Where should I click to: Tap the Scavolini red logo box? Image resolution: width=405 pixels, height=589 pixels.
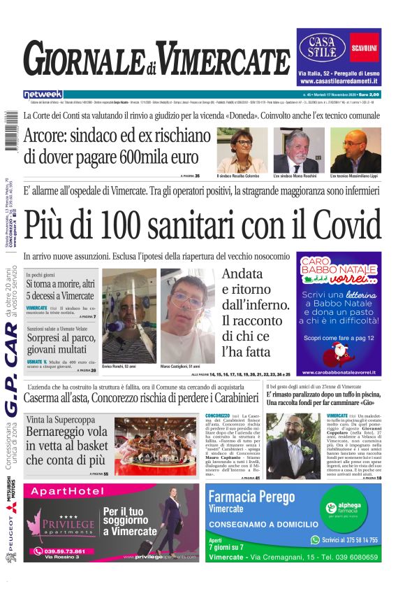tap(364, 47)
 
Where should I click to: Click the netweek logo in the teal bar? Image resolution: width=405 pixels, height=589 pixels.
tap(43, 94)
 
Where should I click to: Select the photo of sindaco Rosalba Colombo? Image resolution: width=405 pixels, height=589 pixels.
tap(242, 150)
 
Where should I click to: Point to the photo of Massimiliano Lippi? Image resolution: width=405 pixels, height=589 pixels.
tap(355, 150)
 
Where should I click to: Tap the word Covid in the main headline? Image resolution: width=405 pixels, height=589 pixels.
tap(336, 224)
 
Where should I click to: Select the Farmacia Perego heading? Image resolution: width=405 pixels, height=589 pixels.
tap(256, 497)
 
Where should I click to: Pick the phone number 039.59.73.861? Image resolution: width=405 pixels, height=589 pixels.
tap(59, 551)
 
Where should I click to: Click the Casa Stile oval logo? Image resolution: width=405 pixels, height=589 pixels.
tap(323, 47)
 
